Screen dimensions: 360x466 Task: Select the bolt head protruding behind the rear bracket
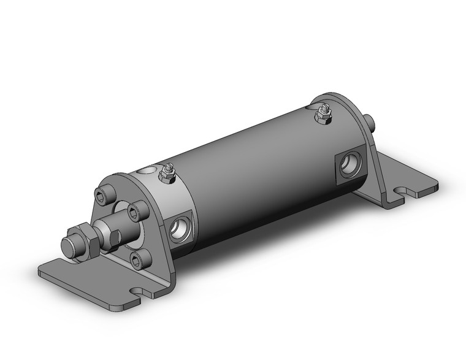click(370, 121)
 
